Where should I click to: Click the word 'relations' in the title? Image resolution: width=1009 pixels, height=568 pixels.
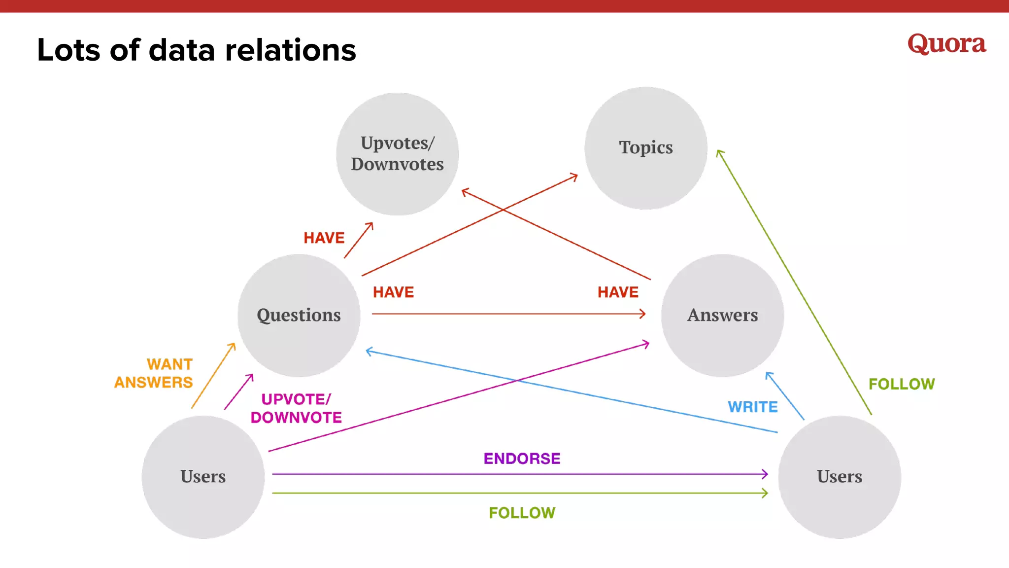pos(290,50)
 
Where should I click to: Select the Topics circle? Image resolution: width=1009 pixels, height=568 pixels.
pos(645,148)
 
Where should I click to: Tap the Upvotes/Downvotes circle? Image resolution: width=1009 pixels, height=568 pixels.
pos(397,154)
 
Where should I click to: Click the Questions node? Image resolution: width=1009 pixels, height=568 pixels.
pos(299,316)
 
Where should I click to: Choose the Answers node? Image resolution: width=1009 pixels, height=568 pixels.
pos(722,316)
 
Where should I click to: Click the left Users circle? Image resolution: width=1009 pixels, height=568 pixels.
pos(203,477)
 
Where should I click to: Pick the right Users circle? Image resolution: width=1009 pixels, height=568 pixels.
pos(840,477)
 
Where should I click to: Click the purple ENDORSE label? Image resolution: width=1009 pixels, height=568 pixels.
pos(522,459)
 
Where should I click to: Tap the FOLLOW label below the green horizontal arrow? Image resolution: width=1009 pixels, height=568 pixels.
pos(522,513)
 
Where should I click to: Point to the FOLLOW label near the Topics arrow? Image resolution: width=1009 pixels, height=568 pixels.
pos(901,384)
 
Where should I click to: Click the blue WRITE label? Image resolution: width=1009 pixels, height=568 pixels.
pos(753,407)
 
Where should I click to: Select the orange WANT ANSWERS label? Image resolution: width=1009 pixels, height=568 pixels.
pos(154,373)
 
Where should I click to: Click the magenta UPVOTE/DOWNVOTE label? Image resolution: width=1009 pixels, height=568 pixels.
pos(296,408)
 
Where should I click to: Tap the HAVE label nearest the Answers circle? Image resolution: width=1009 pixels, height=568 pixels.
pos(618,292)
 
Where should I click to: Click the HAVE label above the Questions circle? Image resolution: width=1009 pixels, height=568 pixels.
pos(324,238)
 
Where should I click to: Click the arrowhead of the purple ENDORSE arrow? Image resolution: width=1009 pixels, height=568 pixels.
pos(765,474)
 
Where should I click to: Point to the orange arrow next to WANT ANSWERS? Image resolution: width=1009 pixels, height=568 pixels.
pos(213,376)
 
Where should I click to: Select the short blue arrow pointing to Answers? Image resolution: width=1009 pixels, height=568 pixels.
pos(785,396)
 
